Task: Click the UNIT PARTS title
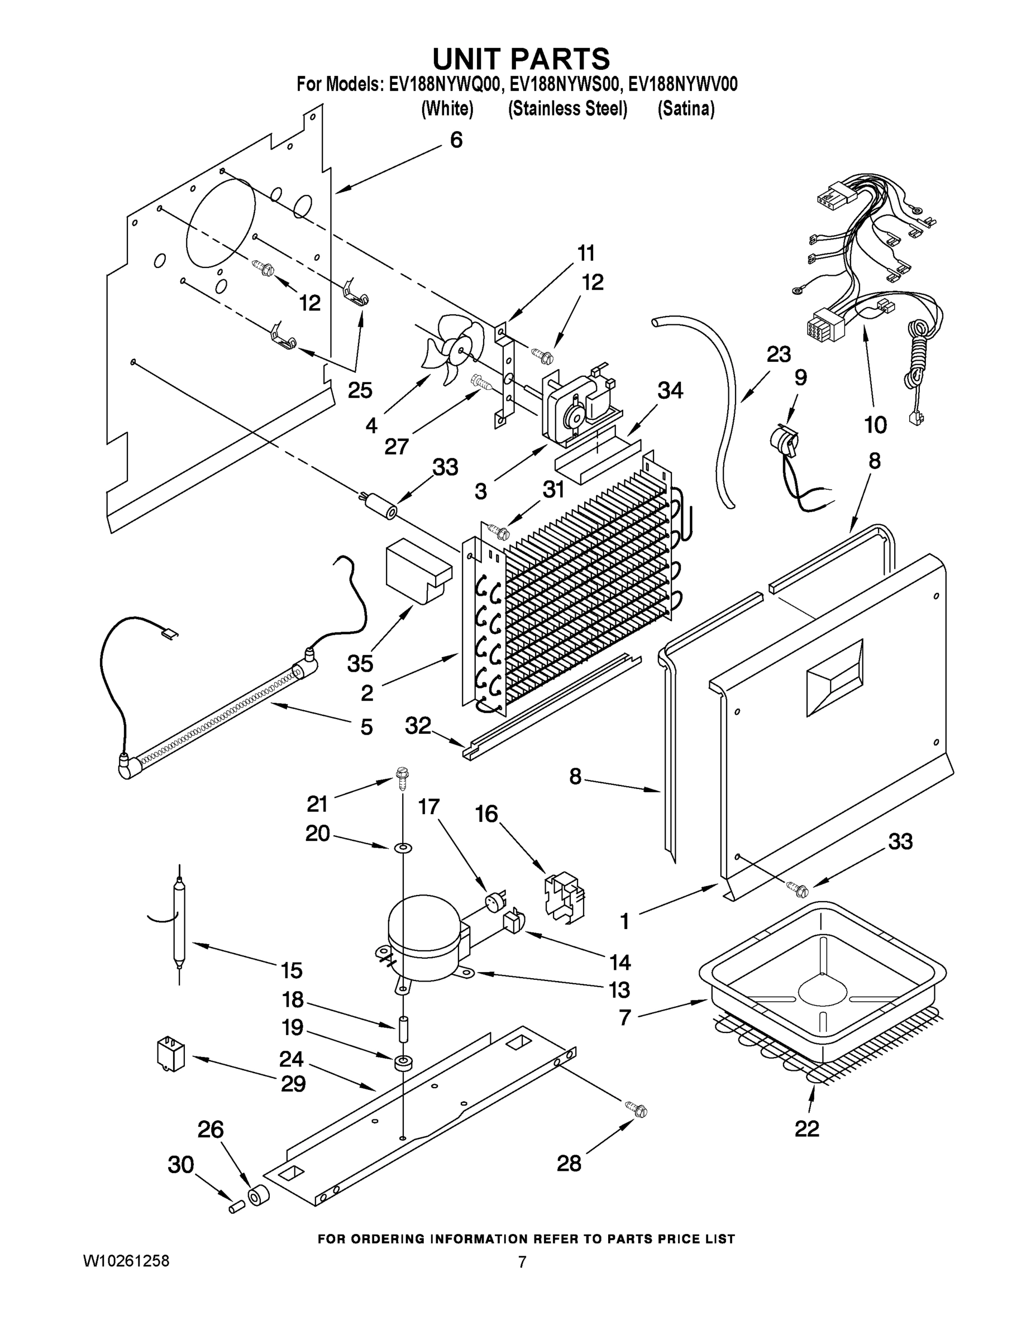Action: (x=521, y=59)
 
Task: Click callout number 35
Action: (x=360, y=663)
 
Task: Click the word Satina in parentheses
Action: (x=686, y=109)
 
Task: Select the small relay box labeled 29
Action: (x=171, y=1054)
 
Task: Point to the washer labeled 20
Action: (x=403, y=848)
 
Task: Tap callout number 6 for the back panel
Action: (x=456, y=140)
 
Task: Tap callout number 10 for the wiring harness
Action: (x=875, y=424)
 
